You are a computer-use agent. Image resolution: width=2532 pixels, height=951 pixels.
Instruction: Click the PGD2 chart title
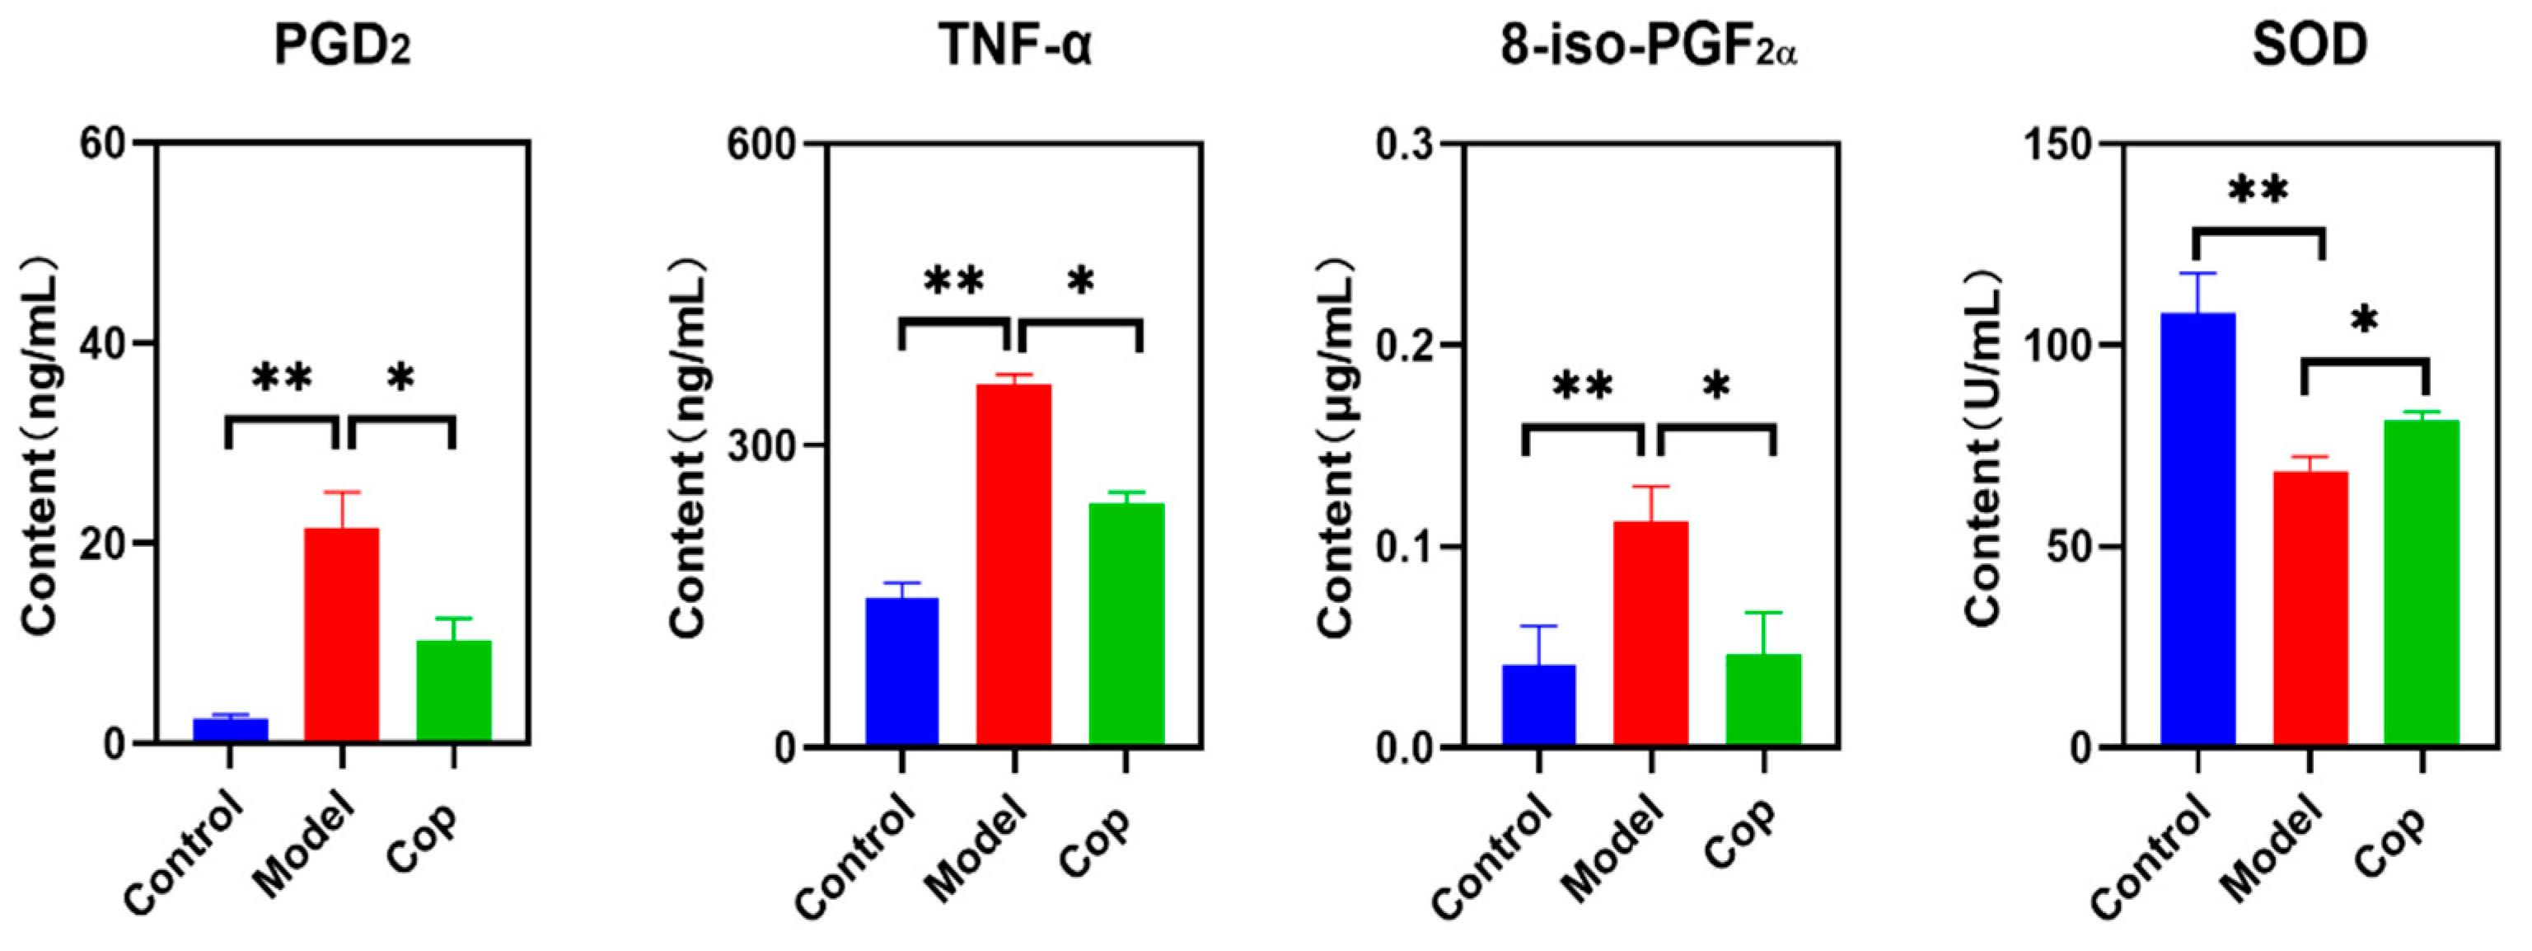[x=341, y=45]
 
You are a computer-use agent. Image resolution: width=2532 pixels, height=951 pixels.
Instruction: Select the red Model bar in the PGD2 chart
[x=341, y=634]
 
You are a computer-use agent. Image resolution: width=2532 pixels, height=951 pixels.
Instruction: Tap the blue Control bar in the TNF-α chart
[x=901, y=671]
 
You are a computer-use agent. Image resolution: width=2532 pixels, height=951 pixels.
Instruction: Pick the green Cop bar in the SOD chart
[x=2421, y=581]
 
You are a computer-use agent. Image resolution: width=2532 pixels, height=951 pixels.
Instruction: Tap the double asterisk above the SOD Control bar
[x=2258, y=191]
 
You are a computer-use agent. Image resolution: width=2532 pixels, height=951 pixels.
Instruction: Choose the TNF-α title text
[x=1015, y=45]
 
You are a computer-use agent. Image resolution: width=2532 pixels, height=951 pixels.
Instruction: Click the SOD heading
[x=2309, y=45]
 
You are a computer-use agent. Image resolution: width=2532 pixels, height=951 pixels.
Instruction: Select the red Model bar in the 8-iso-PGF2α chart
[x=1651, y=633]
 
